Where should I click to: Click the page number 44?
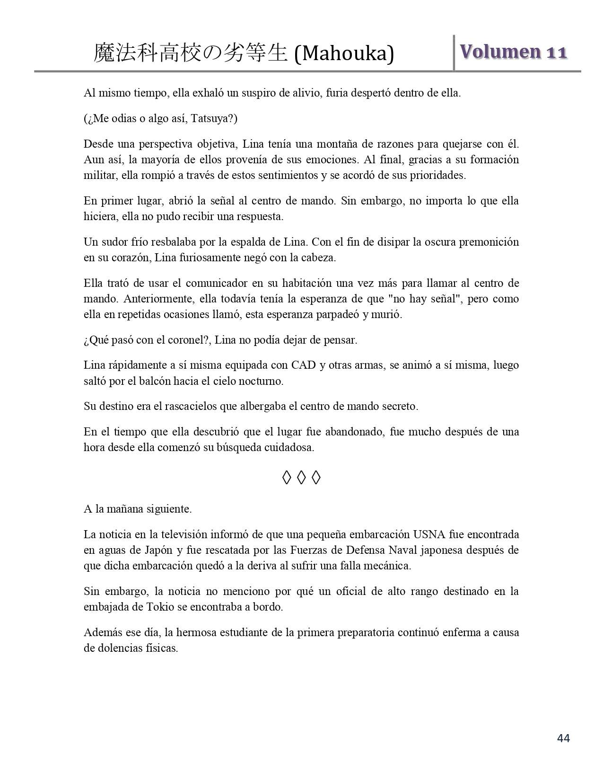pos(563,738)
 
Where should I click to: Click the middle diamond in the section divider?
pos(301,478)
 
